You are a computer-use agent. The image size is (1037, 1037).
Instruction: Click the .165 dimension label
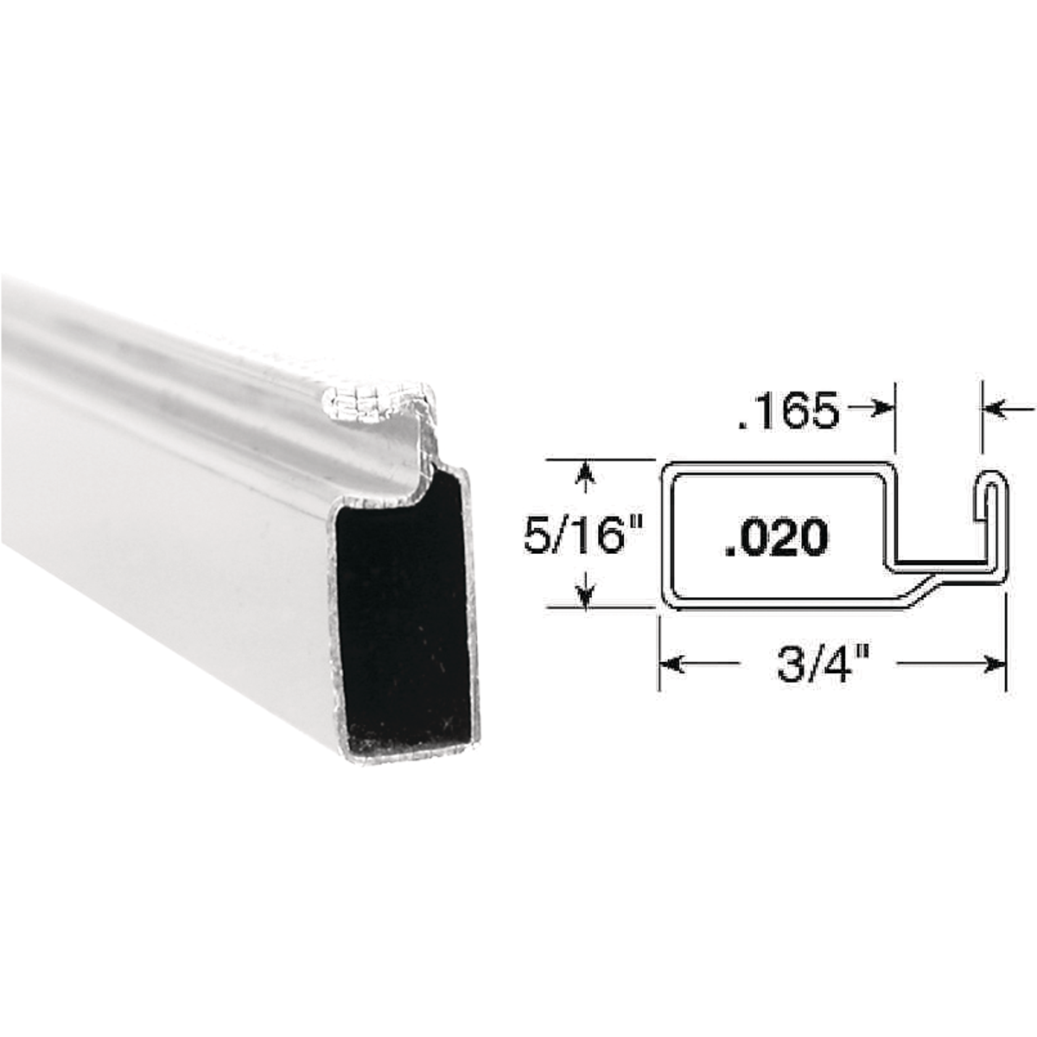coord(787,411)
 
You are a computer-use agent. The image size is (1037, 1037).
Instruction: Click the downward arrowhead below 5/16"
coord(588,596)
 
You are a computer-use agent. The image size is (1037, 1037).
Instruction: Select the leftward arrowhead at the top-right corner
coord(993,409)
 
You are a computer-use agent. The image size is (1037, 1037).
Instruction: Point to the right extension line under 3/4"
coord(1007,639)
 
